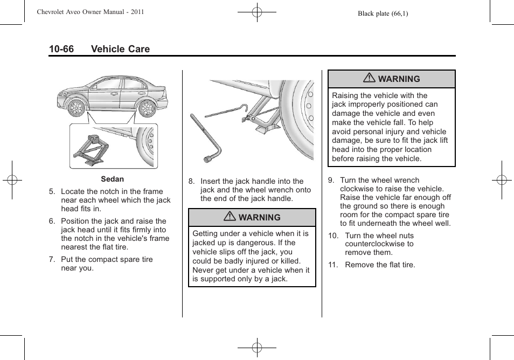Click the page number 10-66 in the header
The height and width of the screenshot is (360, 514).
point(61,49)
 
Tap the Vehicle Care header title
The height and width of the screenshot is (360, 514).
point(120,49)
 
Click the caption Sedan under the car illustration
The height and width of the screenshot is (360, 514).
point(112,179)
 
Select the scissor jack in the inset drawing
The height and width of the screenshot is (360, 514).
point(93,148)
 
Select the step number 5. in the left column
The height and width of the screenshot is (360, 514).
point(52,191)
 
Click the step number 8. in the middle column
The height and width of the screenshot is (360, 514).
point(191,182)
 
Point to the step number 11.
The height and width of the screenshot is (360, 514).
point(334,265)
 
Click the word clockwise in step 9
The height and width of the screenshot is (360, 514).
point(357,189)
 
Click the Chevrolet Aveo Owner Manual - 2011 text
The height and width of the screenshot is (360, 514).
point(91,12)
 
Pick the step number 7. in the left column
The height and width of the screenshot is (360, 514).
point(52,259)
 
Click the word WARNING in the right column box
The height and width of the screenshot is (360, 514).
point(399,79)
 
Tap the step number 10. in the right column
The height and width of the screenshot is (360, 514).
point(334,236)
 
